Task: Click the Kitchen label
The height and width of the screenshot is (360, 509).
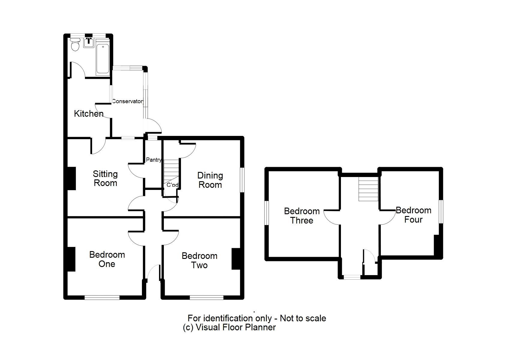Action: (x=89, y=114)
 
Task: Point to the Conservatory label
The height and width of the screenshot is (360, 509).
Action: (x=128, y=101)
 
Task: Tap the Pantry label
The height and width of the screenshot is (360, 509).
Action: (x=153, y=160)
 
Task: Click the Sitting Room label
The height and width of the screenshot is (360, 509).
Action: (x=105, y=178)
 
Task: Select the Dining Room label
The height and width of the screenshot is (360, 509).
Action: (x=210, y=180)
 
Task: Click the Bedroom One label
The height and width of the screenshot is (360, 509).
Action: (x=107, y=259)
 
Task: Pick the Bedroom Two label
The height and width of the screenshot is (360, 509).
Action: (x=199, y=260)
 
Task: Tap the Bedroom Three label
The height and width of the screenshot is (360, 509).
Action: (x=302, y=216)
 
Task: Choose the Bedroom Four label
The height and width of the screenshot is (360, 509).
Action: (x=413, y=215)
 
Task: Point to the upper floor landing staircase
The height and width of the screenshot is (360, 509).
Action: (x=368, y=189)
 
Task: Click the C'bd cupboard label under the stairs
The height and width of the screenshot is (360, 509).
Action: (x=173, y=185)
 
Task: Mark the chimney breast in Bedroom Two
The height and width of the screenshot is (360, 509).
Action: (x=236, y=259)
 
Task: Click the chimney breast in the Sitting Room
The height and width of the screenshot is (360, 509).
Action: (x=71, y=178)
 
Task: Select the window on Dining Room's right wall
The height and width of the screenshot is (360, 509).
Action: (x=242, y=180)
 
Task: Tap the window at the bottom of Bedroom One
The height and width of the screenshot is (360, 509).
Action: (x=102, y=297)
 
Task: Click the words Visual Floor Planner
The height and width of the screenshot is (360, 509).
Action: (x=236, y=327)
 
